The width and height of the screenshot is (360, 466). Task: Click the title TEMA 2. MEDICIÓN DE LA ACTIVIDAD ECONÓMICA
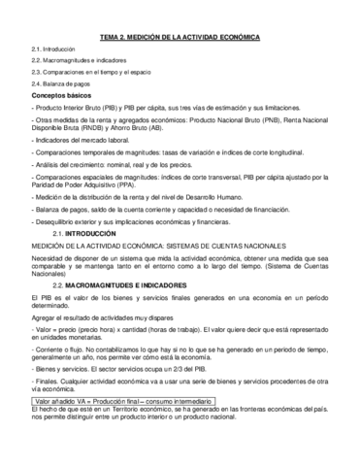(x=180, y=37)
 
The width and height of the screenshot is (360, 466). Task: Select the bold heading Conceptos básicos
(x=62, y=98)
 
